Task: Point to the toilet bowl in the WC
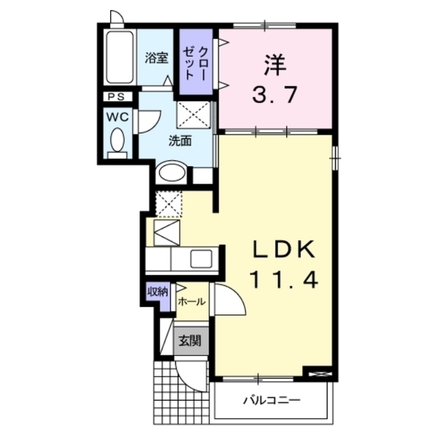(117, 142)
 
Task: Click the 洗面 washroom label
(180, 141)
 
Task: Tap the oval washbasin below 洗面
(170, 173)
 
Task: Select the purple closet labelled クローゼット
(197, 60)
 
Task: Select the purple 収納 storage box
(157, 293)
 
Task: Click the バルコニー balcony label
(272, 400)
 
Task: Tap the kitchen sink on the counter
(200, 259)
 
